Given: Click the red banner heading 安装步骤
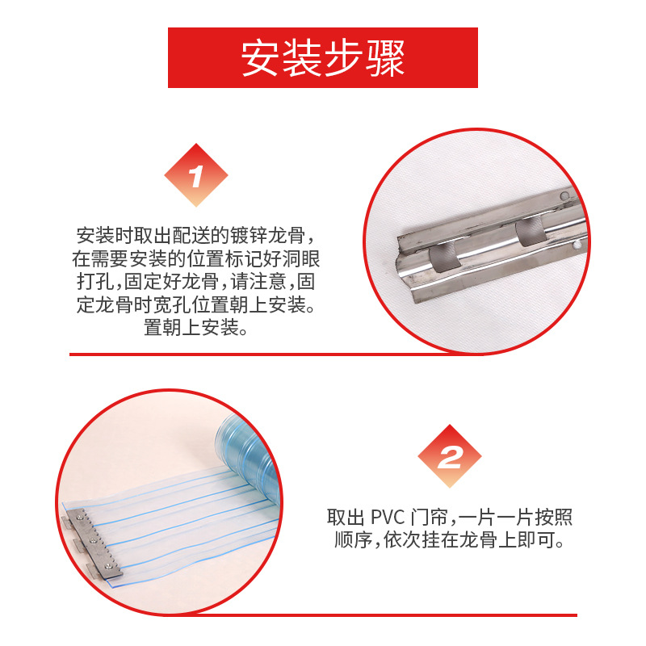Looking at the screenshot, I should click(x=323, y=58).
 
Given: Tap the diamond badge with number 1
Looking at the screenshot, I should click(x=196, y=176).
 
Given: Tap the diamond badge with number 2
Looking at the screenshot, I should click(x=450, y=458).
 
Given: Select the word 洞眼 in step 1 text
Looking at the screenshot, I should click(x=312, y=259).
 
